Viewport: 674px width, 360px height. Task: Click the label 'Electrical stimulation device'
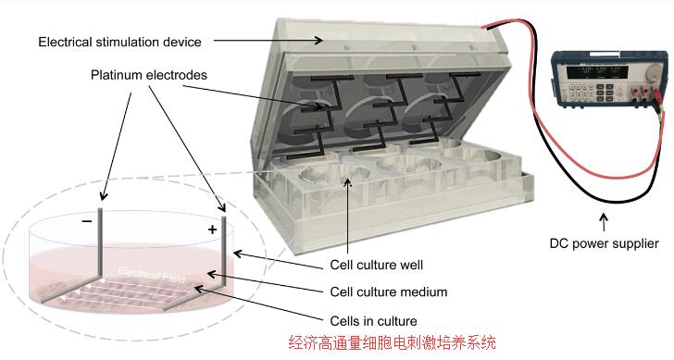pyautogui.click(x=120, y=42)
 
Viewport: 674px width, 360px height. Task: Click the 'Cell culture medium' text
pyautogui.click(x=389, y=292)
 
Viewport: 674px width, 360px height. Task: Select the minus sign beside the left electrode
pyautogui.click(x=86, y=223)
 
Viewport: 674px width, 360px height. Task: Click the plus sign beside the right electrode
pyautogui.click(x=212, y=229)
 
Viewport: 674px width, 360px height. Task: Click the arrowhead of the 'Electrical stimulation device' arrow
pyautogui.click(x=322, y=40)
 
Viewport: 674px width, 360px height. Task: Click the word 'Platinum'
pyautogui.click(x=118, y=73)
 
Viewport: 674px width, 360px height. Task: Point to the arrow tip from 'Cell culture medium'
pyautogui.click(x=206, y=273)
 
